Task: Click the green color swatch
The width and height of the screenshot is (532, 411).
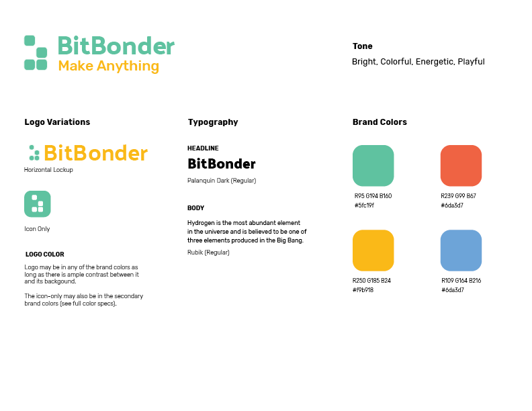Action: pos(373,165)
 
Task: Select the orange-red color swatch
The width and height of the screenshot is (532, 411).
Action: pos(461,165)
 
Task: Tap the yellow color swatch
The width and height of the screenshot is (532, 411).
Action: pos(373,250)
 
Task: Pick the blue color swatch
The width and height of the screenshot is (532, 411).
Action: pos(461,250)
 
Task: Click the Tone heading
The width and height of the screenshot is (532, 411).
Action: pos(362,46)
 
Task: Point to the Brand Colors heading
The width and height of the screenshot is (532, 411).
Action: pos(380,122)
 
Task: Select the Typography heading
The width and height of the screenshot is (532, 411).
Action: pos(213,122)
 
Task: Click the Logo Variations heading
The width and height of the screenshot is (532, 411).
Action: pos(57,122)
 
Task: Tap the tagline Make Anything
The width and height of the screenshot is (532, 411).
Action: pos(109,66)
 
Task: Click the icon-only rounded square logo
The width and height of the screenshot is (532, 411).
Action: pos(38,203)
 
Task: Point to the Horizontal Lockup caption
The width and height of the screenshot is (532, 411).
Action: pos(48,170)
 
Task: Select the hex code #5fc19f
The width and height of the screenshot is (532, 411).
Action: pos(364,205)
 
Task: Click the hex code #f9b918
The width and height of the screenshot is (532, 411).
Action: pos(363,290)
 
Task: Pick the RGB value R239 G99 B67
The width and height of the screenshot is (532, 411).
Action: pos(458,196)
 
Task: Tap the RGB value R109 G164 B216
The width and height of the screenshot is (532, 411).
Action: pos(461,281)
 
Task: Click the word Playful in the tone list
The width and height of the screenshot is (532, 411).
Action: pos(472,62)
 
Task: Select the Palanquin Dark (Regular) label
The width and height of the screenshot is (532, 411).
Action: pos(222,181)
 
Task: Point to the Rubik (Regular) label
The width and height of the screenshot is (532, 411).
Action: pos(208,253)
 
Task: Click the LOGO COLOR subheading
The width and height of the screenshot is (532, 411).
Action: pos(45,255)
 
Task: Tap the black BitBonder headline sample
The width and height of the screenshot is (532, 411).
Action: pos(222,164)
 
